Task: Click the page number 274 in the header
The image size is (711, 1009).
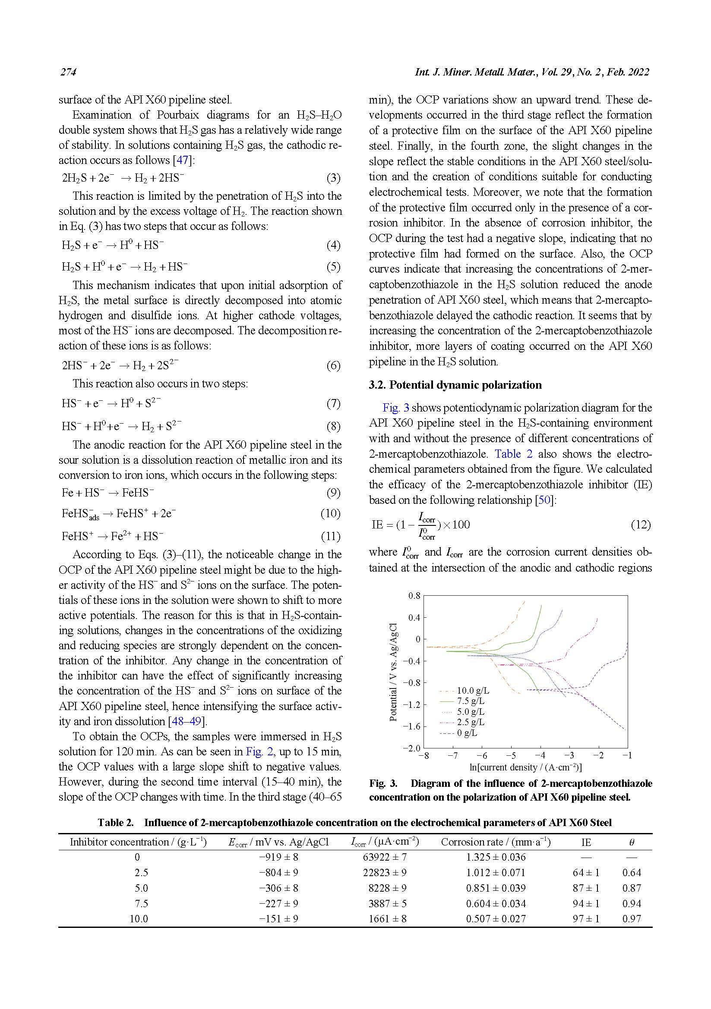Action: tap(68, 72)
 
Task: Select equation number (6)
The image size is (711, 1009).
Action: tap(333, 366)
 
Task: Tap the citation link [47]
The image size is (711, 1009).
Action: tap(182, 160)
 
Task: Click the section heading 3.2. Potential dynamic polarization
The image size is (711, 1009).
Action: tap(455, 385)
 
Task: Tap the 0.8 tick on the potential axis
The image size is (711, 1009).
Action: tap(414, 596)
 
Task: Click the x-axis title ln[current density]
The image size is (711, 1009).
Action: tap(525, 767)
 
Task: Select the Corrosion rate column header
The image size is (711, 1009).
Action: tap(496, 842)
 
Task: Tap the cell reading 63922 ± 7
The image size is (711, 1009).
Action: tap(385, 857)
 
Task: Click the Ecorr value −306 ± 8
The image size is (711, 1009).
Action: tap(278, 888)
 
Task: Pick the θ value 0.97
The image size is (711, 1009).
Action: tap(632, 918)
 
